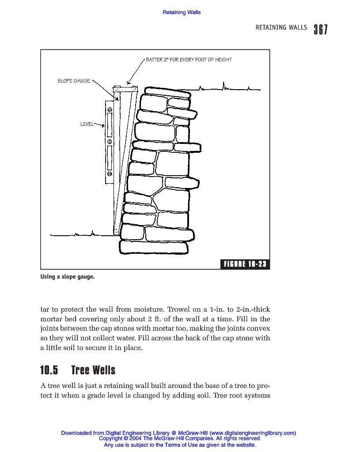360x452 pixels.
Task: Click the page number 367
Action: pos(321,29)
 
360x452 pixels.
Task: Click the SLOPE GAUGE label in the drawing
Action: pos(74,81)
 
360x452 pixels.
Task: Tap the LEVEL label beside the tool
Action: pos(87,124)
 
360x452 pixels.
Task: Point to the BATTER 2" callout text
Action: pos(189,60)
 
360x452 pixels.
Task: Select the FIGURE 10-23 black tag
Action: pos(245,264)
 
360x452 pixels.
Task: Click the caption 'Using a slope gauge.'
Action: pos(68,277)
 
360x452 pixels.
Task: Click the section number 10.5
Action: pos(49,369)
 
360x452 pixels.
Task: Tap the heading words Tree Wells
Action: pos(93,369)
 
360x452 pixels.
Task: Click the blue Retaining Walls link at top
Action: pos(182,12)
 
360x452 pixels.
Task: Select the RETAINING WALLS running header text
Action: pos(281,27)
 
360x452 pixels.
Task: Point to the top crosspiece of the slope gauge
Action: pos(126,89)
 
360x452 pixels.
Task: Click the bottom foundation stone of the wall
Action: pos(154,247)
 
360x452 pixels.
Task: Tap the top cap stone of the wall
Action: pos(161,92)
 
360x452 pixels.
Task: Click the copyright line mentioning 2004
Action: pos(180,439)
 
